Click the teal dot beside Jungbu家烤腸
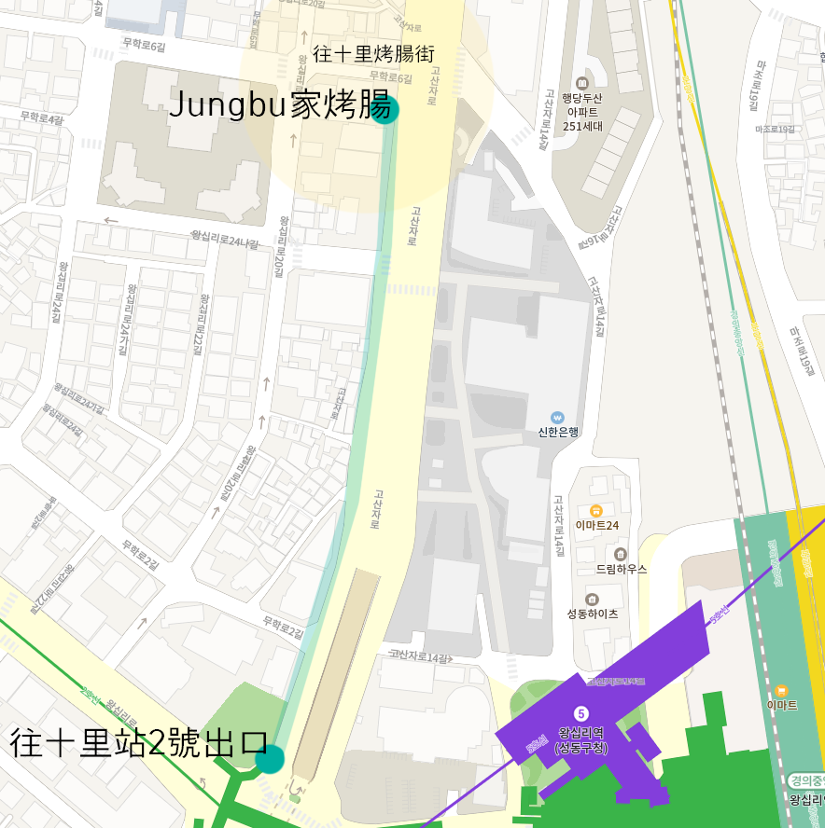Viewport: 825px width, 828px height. (x=384, y=109)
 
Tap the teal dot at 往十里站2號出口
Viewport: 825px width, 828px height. (x=269, y=759)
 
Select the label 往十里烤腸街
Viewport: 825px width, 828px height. (x=373, y=54)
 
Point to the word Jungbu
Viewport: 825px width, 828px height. (x=226, y=105)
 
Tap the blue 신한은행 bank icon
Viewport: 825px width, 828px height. (x=558, y=417)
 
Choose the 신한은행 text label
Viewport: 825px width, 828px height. (x=558, y=432)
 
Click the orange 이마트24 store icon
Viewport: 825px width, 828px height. (x=595, y=510)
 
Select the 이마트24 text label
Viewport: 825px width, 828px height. (x=596, y=525)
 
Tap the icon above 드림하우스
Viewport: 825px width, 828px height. (x=621, y=554)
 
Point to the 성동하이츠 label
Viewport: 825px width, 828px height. (x=592, y=614)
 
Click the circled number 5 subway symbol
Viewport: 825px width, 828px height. (x=580, y=713)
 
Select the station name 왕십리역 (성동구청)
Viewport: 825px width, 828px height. (x=580, y=739)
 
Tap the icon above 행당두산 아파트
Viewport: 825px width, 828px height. (x=583, y=83)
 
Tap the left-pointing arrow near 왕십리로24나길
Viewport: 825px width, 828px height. (x=111, y=221)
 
